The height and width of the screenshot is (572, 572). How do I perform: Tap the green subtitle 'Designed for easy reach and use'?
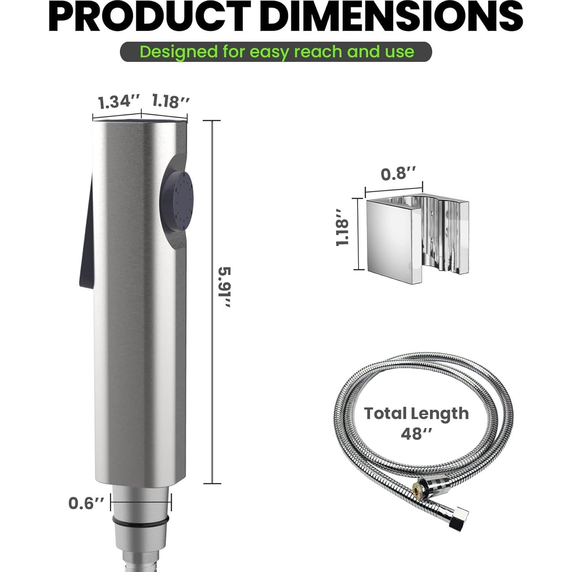pyautogui.click(x=276, y=52)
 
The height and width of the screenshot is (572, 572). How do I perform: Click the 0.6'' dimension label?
pyautogui.click(x=86, y=503)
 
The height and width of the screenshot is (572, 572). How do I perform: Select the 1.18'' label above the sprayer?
pyautogui.click(x=170, y=101)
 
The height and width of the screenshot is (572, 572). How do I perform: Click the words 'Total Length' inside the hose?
pyautogui.click(x=416, y=413)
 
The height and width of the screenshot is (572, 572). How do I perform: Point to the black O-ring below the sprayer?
pyautogui.click(x=140, y=521)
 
